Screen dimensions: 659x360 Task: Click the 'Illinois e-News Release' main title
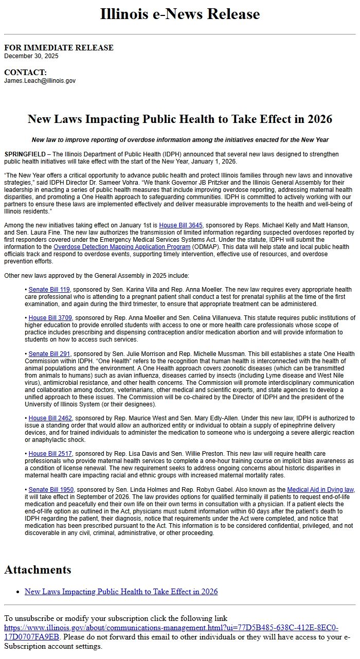(x=180, y=14)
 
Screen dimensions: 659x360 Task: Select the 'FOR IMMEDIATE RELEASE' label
(x=59, y=48)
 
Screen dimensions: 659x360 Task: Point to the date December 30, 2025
(x=31, y=56)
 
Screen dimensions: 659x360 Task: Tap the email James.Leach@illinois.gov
(x=40, y=81)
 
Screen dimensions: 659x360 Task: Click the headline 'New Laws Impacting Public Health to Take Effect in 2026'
(x=180, y=119)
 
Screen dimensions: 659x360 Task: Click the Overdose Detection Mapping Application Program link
(x=122, y=247)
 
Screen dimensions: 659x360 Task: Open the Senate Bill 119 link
(x=49, y=290)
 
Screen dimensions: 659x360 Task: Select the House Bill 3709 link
(x=50, y=318)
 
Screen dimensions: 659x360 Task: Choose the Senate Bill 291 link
(x=49, y=354)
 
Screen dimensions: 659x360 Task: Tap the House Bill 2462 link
(x=50, y=418)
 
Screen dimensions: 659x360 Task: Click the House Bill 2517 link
(x=50, y=454)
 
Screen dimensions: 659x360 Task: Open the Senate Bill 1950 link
(x=51, y=489)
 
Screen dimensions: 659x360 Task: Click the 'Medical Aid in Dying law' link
(x=320, y=489)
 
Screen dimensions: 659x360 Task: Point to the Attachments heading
(x=38, y=570)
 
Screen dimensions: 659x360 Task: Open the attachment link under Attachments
(x=121, y=592)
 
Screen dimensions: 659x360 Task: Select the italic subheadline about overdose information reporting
(x=180, y=140)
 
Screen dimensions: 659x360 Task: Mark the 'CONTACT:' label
(x=25, y=73)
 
